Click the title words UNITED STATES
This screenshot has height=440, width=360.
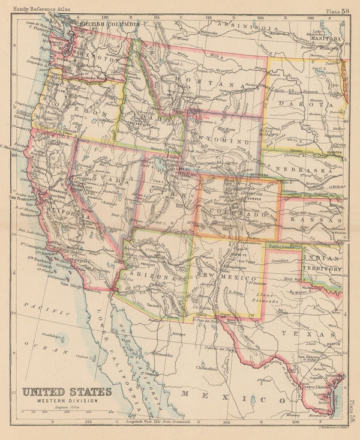pyautogui.click(x=67, y=392)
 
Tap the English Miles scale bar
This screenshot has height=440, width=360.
pyautogui.click(x=67, y=411)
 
